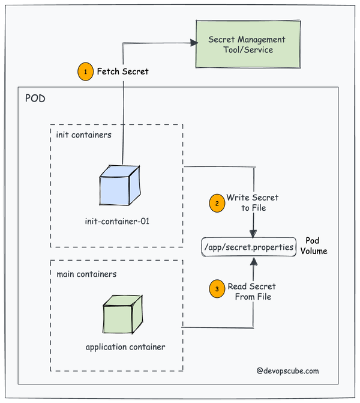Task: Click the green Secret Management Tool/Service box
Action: point(247,44)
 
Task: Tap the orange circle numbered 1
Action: point(86,71)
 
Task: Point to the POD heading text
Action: point(35,98)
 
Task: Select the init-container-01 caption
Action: point(117,221)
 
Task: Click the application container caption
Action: point(125,347)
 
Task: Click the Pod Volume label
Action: point(317,246)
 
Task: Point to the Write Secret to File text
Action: point(252,202)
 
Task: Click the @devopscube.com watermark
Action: point(295,371)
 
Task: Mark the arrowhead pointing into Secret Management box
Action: point(193,42)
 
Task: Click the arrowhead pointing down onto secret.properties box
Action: point(254,234)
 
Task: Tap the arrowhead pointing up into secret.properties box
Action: point(254,260)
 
